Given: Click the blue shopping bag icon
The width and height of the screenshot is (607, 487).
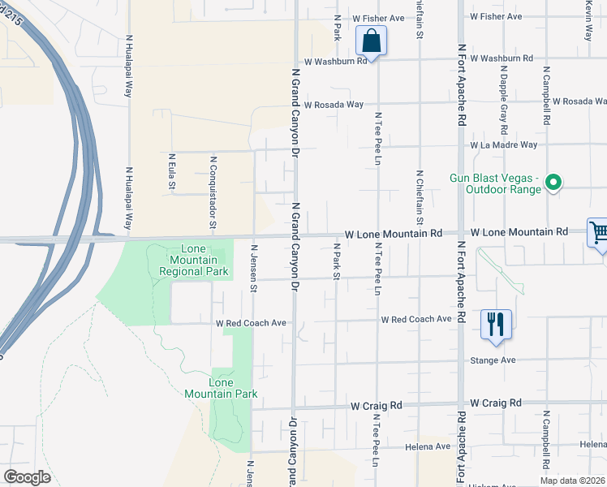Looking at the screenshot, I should click(371, 40).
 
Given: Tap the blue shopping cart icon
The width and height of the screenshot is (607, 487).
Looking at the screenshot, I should click(599, 234).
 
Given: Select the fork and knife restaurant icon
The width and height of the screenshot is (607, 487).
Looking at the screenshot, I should click(495, 324).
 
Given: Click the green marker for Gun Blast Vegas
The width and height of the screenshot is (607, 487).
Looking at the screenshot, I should click(553, 183).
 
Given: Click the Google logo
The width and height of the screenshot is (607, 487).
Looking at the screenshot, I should click(27, 477).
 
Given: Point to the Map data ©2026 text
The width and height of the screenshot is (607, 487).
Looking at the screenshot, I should click(572, 481).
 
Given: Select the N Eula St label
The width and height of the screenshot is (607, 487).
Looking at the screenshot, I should click(172, 173).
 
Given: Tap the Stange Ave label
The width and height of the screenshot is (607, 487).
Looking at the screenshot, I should click(493, 360).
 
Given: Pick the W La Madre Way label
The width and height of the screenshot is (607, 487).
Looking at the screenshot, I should click(503, 145).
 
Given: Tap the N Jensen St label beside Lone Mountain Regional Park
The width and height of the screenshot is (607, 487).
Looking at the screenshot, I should click(253, 268).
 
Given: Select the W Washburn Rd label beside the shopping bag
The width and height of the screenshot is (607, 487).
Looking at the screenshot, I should click(331, 61).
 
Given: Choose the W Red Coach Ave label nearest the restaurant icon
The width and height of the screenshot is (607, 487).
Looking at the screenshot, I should click(416, 319).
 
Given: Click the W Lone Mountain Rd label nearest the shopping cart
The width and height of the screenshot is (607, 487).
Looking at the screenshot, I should click(519, 232).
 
